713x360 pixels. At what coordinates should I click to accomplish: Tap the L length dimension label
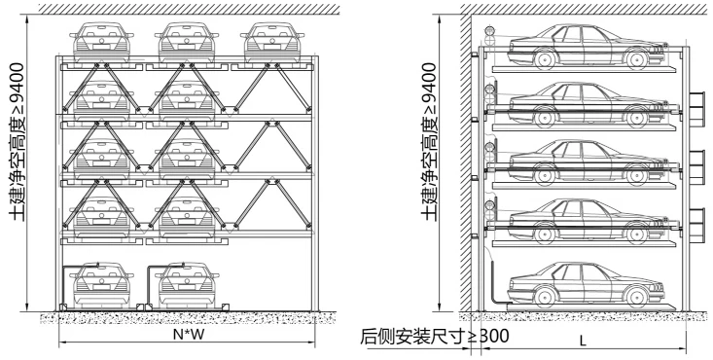click(x=582, y=342)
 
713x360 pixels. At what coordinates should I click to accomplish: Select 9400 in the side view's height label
click(x=428, y=85)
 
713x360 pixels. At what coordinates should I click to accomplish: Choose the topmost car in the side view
click(x=574, y=47)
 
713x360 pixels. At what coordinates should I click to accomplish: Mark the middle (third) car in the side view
click(x=574, y=162)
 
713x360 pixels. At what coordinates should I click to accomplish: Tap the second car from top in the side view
click(x=574, y=104)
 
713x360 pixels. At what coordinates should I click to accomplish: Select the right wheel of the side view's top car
click(x=638, y=59)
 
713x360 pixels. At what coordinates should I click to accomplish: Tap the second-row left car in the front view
click(x=100, y=98)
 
